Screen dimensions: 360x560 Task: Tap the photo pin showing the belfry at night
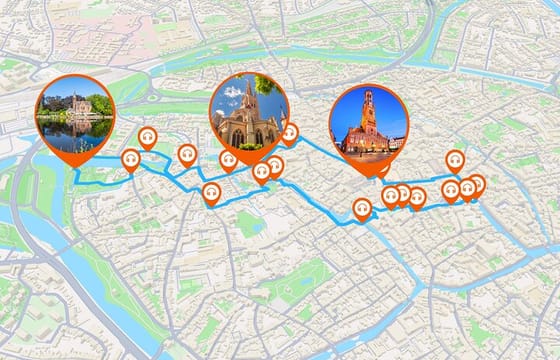point(368,121)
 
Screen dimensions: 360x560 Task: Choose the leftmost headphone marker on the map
point(130,159)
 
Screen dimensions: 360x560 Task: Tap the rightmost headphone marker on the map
point(476,184)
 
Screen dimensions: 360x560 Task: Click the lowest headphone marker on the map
point(362,208)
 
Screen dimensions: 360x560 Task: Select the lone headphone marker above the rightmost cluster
point(454,159)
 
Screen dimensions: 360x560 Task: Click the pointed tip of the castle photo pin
point(76,173)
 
